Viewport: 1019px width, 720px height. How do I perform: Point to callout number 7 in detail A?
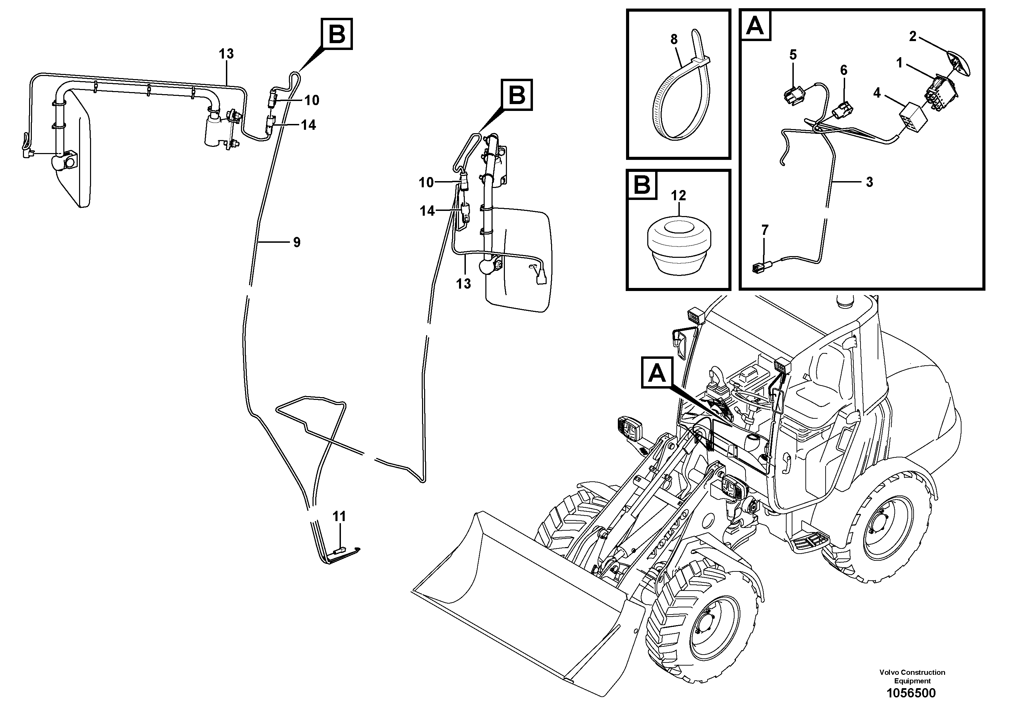tap(764, 230)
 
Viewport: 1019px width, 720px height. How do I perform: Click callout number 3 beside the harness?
tap(869, 182)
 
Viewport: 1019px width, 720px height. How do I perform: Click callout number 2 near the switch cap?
tap(913, 36)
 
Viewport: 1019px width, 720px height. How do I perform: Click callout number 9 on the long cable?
tap(296, 242)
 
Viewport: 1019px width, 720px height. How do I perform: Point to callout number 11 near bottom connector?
tap(339, 516)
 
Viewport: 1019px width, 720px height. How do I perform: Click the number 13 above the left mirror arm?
tap(226, 54)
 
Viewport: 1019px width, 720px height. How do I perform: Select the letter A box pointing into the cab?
tap(657, 373)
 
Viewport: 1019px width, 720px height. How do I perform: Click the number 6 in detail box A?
tap(843, 70)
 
